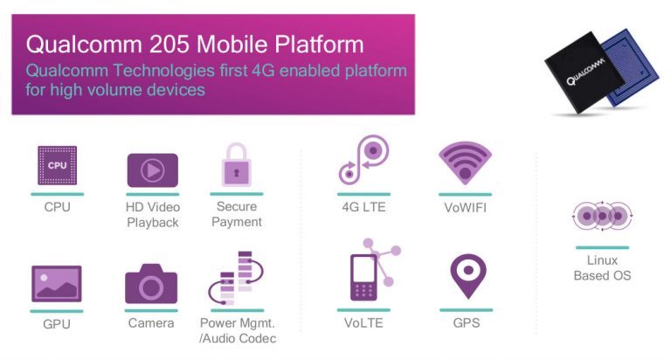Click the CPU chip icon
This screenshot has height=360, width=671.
(x=57, y=166)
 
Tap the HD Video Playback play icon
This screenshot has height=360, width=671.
(x=152, y=170)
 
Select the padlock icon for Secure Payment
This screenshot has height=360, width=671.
(x=236, y=165)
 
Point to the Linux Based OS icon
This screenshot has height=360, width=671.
(x=602, y=215)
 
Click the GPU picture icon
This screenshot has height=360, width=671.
(x=57, y=284)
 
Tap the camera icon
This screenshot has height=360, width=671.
(x=152, y=284)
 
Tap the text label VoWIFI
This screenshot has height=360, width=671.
(x=466, y=207)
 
